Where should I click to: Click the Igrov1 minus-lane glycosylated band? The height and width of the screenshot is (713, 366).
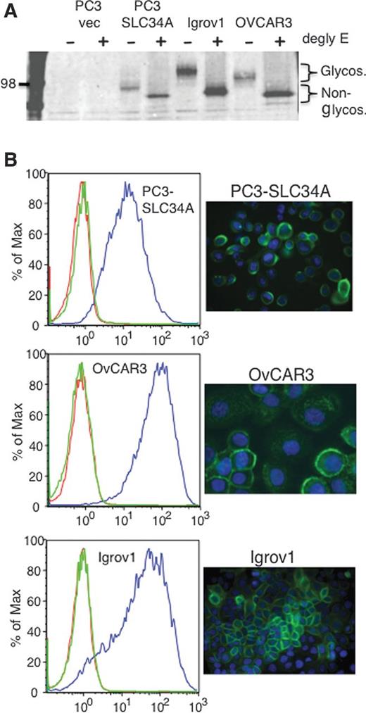[x=188, y=71]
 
